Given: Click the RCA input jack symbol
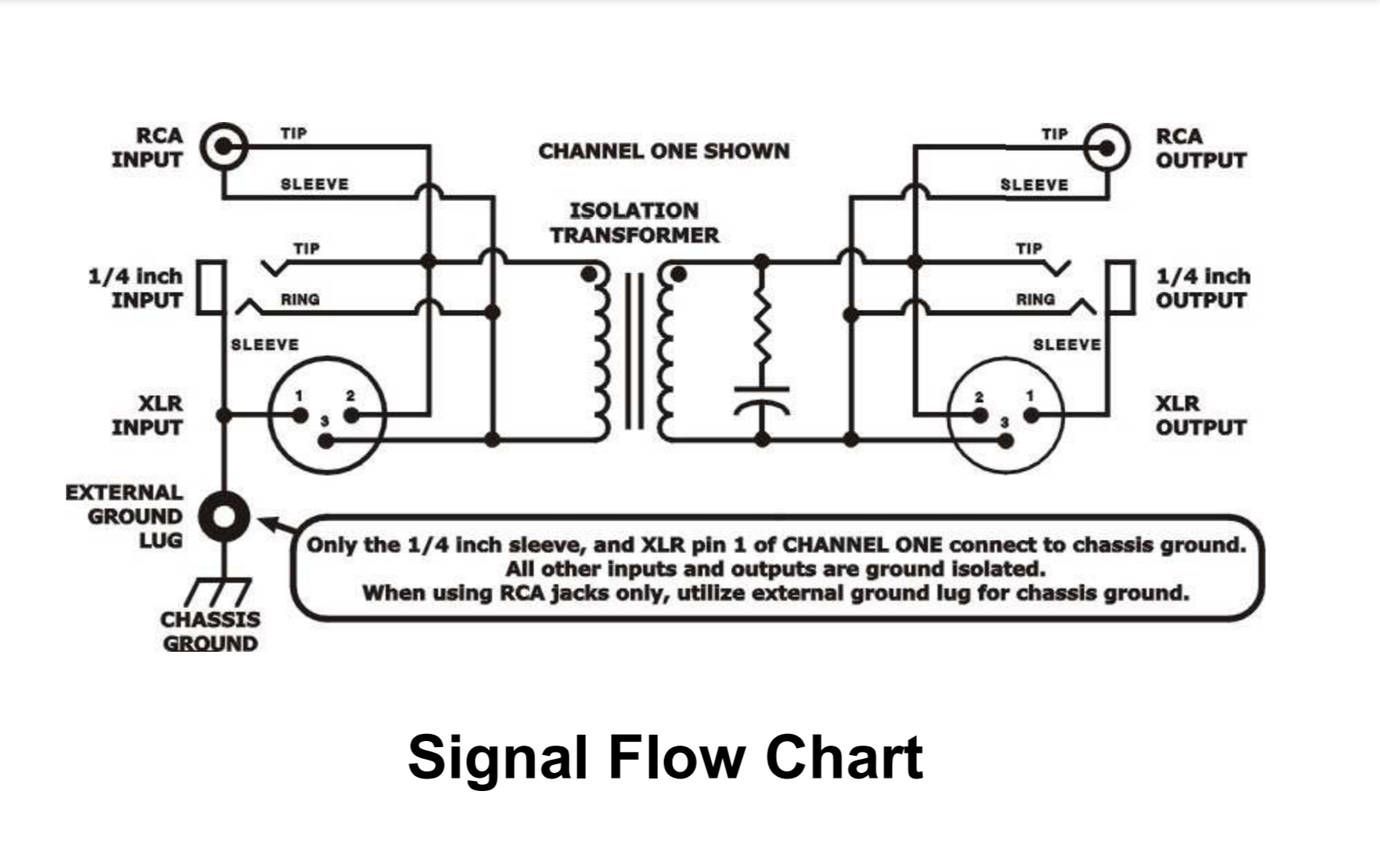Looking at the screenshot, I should pos(224,146).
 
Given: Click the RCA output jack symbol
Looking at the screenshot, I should pos(1107,147).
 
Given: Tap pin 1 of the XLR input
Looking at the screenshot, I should pos(300,415).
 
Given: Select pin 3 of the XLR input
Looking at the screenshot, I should pos(326,441).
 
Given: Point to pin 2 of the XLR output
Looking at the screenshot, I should pos(979,415).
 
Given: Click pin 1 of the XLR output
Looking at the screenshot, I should pos(1032,415).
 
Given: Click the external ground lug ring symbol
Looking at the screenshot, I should pos(224,516).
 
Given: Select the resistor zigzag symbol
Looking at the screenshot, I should pos(762,329).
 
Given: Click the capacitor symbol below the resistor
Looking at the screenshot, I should pos(762,399).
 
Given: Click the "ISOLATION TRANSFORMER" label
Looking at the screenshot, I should pos(634,223).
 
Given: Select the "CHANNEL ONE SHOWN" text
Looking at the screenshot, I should pos(663,151).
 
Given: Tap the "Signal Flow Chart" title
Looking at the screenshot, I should pos(665,757).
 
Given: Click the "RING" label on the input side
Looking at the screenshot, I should pos(300,299).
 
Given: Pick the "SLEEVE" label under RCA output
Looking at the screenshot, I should pos(1033,185).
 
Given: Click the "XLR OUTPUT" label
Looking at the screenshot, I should pos(1200,415).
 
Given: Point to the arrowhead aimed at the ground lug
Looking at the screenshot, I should pos(266,522).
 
